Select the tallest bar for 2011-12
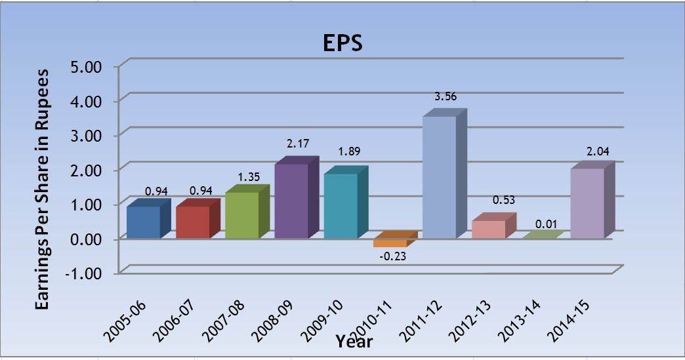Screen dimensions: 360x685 439,177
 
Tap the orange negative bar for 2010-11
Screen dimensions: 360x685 390,242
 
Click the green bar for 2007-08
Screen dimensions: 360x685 241,215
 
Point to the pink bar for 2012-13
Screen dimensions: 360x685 488,229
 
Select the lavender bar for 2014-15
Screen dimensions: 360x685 587,203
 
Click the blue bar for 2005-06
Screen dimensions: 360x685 143,222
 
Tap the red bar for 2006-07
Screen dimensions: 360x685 192,222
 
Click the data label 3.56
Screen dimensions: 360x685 446,96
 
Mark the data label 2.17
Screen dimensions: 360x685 298,143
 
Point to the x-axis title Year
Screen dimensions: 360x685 354,342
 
